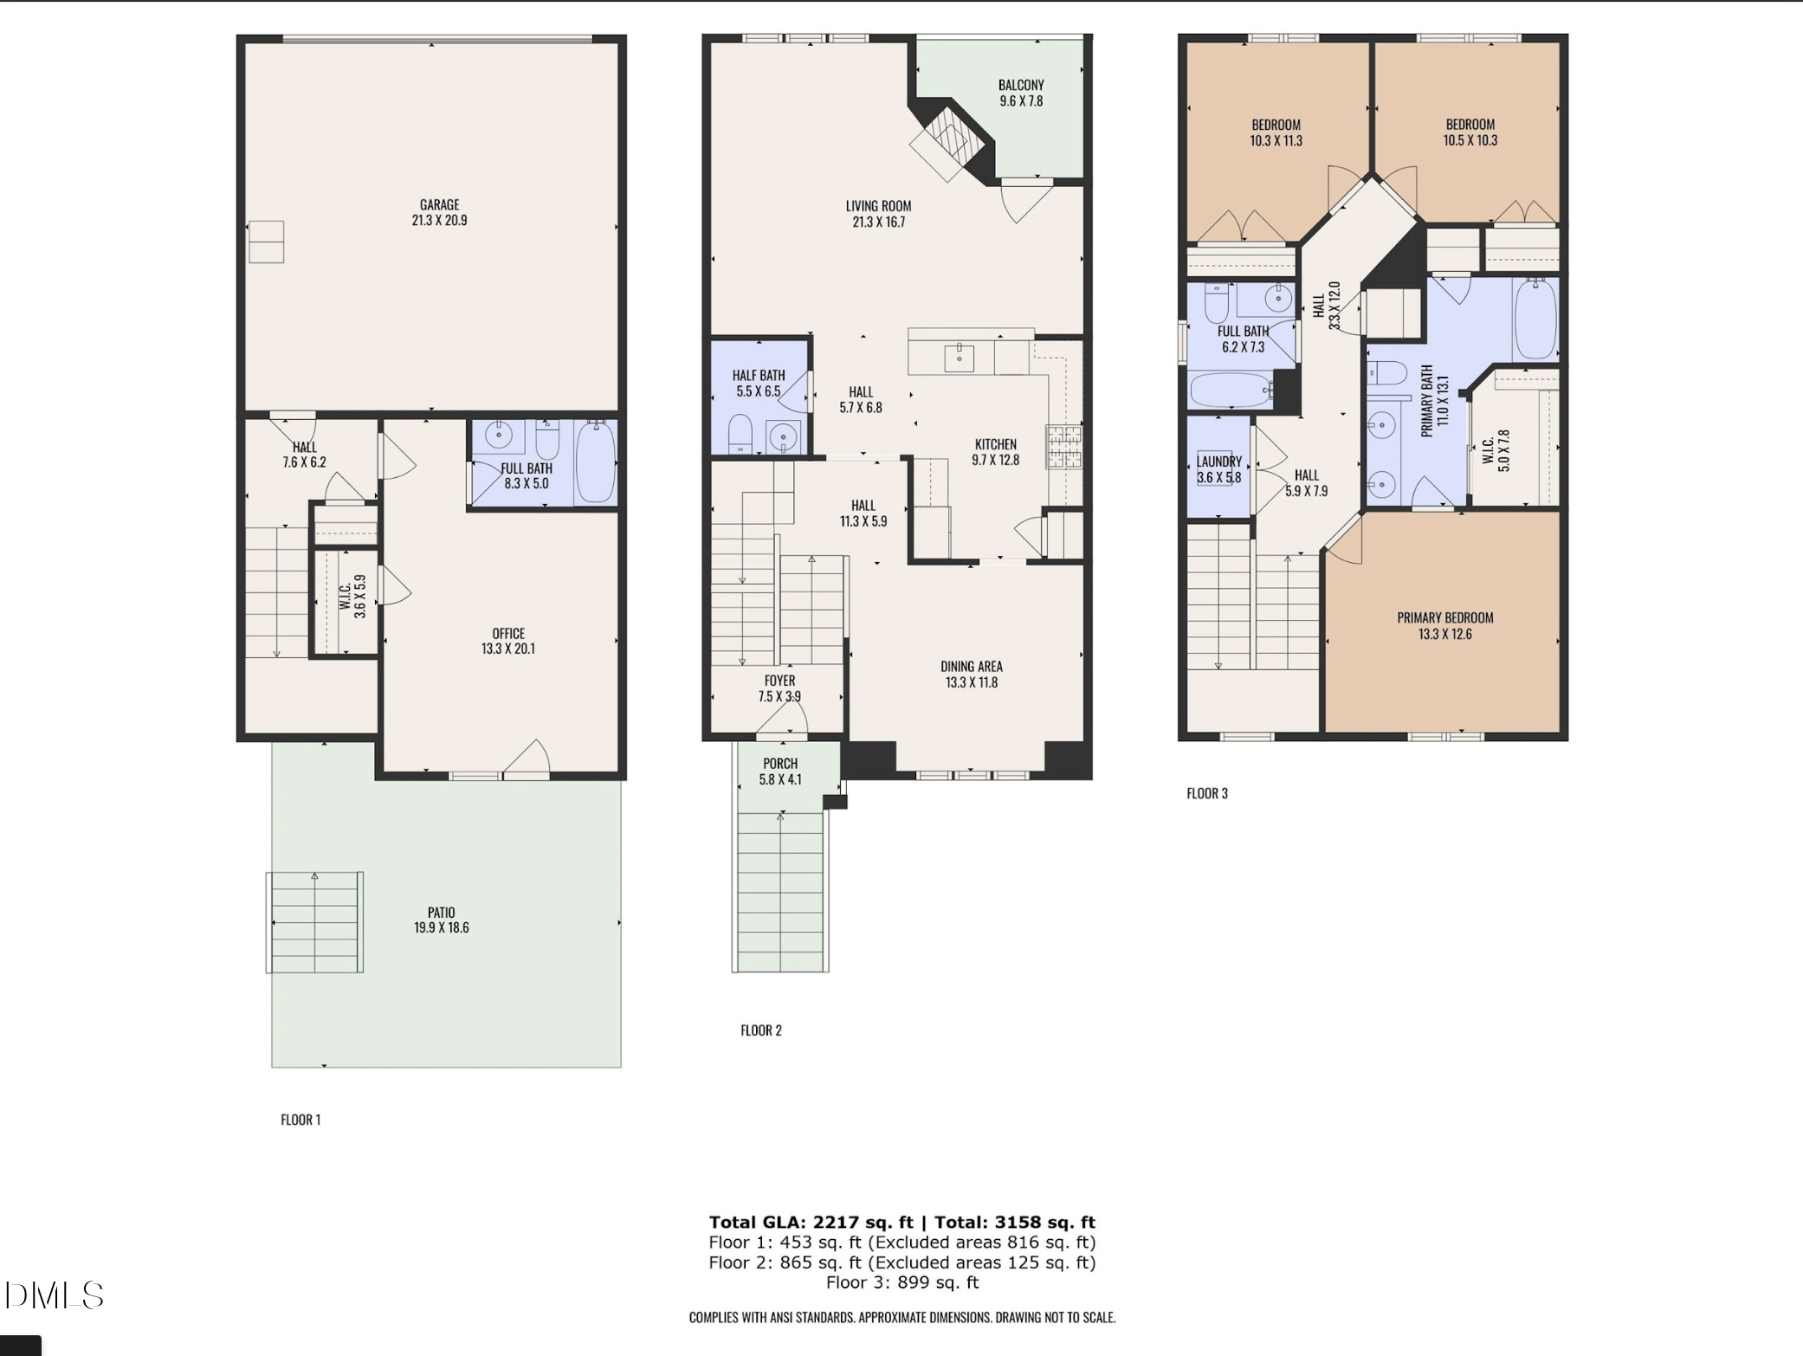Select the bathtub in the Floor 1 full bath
(x=595, y=462)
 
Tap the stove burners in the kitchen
(x=1063, y=446)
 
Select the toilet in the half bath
(x=740, y=434)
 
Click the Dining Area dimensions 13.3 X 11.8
(x=971, y=682)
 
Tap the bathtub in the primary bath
(x=1535, y=318)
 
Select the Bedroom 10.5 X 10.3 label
(x=1470, y=132)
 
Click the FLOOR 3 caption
(x=1206, y=793)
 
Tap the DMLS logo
(x=54, y=1295)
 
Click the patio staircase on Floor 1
(x=314, y=922)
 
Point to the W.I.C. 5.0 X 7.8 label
(x=1496, y=450)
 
